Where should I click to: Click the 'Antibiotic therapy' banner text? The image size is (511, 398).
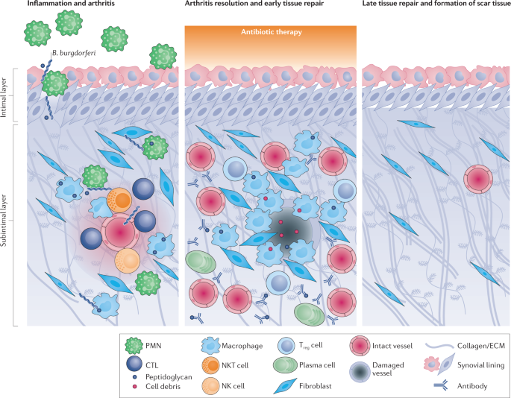[272, 32]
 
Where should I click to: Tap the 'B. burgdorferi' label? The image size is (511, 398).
[74, 53]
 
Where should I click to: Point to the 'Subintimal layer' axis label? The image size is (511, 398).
[4, 220]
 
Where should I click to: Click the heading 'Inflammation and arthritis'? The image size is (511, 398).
[71, 4]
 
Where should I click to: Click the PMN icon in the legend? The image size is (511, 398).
[134, 346]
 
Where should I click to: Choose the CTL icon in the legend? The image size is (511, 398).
[134, 364]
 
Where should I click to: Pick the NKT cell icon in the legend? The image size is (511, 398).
[210, 365]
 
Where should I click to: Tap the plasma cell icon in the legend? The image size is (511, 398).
[284, 365]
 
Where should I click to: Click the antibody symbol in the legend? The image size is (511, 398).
[441, 386]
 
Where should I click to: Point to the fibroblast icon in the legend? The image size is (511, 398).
[285, 386]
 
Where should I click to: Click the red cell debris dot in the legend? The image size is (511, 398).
[134, 387]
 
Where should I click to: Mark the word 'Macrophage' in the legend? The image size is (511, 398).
[242, 346]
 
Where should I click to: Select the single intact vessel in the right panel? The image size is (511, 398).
[478, 179]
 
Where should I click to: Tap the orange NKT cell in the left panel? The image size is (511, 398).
[119, 199]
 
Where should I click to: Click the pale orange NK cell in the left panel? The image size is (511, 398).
[128, 261]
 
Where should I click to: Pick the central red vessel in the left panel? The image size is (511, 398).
[120, 233]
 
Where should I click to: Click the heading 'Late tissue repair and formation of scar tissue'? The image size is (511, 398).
[436, 4]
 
